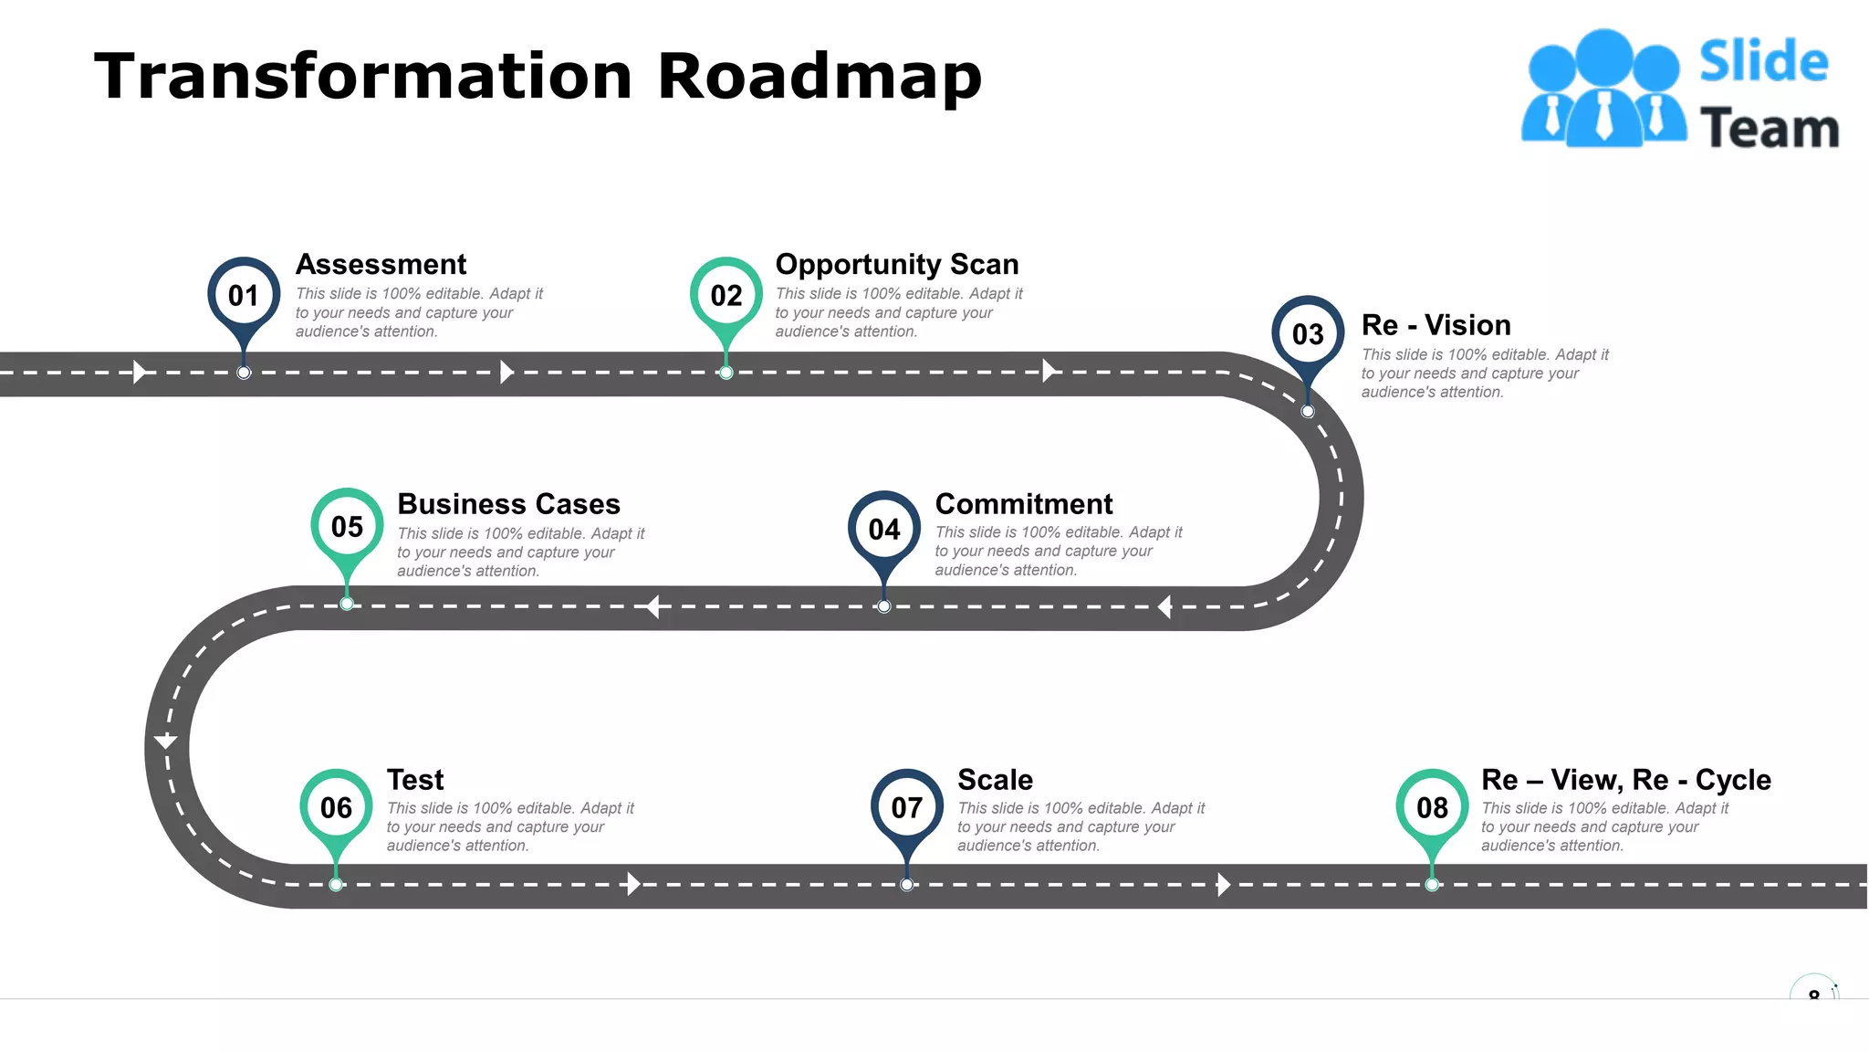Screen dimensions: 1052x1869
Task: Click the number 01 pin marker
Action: pyautogui.click(x=244, y=296)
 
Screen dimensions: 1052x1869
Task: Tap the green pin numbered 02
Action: pyautogui.click(x=726, y=296)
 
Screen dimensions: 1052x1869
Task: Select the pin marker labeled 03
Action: pyautogui.click(x=1308, y=334)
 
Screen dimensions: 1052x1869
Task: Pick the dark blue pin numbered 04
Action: pyautogui.click(x=884, y=529)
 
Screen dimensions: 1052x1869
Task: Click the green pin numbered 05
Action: pyautogui.click(x=347, y=527)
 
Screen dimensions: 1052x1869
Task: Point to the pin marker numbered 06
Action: pyautogui.click(x=336, y=807)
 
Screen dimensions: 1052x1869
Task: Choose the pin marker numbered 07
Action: pyautogui.click(x=907, y=807)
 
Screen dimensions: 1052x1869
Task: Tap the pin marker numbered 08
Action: pyautogui.click(x=1432, y=807)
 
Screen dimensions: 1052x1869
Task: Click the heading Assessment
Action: pyautogui.click(x=381, y=264)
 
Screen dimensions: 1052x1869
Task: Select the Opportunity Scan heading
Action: pyautogui.click(x=896, y=264)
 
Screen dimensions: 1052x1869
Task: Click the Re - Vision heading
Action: pyautogui.click(x=1436, y=325)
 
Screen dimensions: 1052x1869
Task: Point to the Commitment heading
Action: pyautogui.click(x=1023, y=504)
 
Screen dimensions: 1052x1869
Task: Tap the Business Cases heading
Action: pyautogui.click(x=508, y=504)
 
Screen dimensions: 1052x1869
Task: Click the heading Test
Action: pyautogui.click(x=415, y=780)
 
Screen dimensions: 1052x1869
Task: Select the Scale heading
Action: pyautogui.click(x=995, y=780)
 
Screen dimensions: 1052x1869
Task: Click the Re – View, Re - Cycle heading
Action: pyautogui.click(x=1625, y=780)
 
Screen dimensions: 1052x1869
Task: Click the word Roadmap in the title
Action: pyautogui.click(x=819, y=77)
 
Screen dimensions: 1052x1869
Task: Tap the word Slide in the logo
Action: pyautogui.click(x=1763, y=62)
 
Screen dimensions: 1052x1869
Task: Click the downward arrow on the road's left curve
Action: pyautogui.click(x=166, y=740)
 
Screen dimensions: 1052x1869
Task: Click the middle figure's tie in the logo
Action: pyautogui.click(x=1603, y=117)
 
